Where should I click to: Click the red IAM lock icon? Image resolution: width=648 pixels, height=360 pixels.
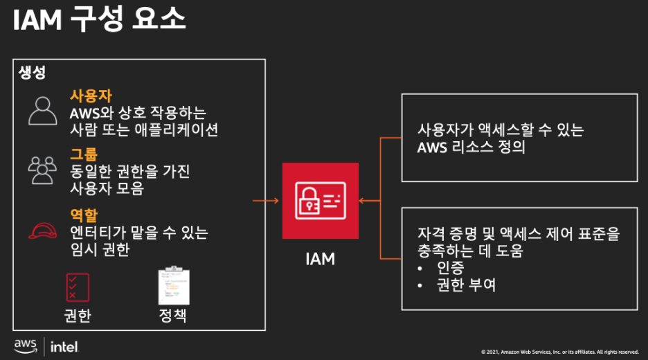pyautogui.click(x=320, y=201)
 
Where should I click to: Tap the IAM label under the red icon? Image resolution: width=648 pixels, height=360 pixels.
pyautogui.click(x=320, y=259)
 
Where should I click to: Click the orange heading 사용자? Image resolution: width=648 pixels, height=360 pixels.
pyautogui.click(x=91, y=96)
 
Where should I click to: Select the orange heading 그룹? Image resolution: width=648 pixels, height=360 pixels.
pyautogui.click(x=84, y=154)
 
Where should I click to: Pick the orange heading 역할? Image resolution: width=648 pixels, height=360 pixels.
pyautogui.click(x=84, y=215)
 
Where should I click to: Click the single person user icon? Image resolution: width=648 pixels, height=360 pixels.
pyautogui.click(x=43, y=111)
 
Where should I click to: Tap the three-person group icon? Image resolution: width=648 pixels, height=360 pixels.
pyautogui.click(x=42, y=170)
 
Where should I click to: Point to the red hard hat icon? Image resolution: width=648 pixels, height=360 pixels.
pyautogui.click(x=42, y=231)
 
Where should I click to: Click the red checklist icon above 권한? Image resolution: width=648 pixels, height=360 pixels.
pyautogui.click(x=77, y=287)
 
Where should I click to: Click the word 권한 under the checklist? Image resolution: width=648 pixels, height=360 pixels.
pyautogui.click(x=77, y=316)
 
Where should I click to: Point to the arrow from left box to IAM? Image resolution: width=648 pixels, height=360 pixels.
pyautogui.click(x=266, y=201)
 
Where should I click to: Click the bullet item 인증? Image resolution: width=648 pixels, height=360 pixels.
pyautogui.click(x=451, y=267)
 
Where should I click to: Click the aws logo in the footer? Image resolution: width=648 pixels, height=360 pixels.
pyautogui.click(x=26, y=345)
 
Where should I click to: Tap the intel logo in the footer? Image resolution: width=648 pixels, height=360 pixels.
pyautogui.click(x=64, y=346)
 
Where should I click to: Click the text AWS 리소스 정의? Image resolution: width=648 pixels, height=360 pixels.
pyautogui.click(x=471, y=147)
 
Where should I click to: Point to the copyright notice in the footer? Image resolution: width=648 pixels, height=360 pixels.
pyautogui.click(x=559, y=352)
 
